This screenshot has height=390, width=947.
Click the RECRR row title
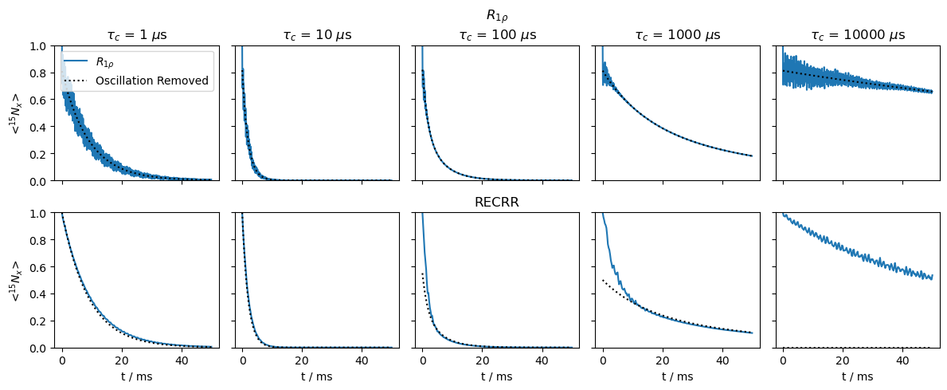496,203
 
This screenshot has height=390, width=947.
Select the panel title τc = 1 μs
137,35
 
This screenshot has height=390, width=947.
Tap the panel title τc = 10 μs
316,35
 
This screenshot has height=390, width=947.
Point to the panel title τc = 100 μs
496,35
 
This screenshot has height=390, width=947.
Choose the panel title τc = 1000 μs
676,35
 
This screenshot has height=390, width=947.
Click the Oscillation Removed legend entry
151,81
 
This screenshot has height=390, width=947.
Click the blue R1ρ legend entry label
107,61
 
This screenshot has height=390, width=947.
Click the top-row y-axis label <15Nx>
16,113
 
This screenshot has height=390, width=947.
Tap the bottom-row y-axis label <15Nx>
16,281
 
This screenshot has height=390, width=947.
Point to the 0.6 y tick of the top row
38,100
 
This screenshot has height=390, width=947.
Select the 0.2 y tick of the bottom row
38,321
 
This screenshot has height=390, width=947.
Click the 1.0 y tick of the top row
38,45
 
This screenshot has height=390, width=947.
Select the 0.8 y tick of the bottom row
38,240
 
